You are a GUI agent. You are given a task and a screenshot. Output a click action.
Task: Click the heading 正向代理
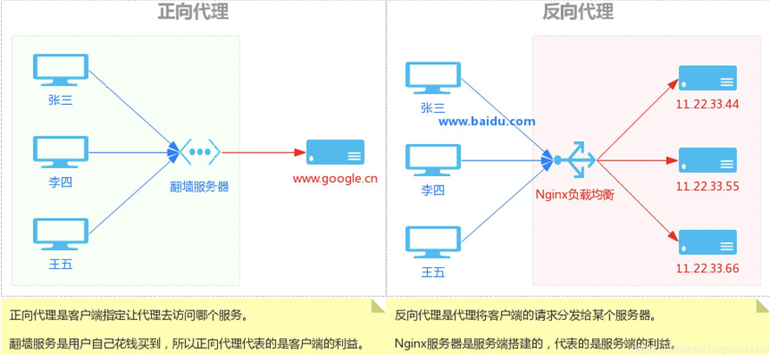(193, 12)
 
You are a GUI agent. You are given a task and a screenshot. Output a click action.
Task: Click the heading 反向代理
(577, 12)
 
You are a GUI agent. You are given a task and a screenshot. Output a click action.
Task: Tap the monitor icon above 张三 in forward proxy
(61, 72)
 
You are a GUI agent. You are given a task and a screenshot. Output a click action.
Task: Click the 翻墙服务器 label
(200, 186)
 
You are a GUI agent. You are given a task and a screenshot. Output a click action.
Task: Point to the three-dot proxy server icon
(200, 152)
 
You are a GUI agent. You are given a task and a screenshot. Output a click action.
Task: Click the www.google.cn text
(335, 180)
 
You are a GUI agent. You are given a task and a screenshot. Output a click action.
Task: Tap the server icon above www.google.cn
(335, 153)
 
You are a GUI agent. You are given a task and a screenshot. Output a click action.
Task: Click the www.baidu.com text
(486, 121)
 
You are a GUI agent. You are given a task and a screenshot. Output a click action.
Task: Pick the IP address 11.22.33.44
(707, 105)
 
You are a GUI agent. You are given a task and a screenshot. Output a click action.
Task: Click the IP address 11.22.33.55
(707, 187)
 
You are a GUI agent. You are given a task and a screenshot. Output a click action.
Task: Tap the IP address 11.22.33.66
(707, 269)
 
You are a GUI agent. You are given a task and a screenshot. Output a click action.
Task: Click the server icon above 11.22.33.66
(707, 242)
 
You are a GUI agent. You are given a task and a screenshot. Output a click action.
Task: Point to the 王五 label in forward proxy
(61, 265)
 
